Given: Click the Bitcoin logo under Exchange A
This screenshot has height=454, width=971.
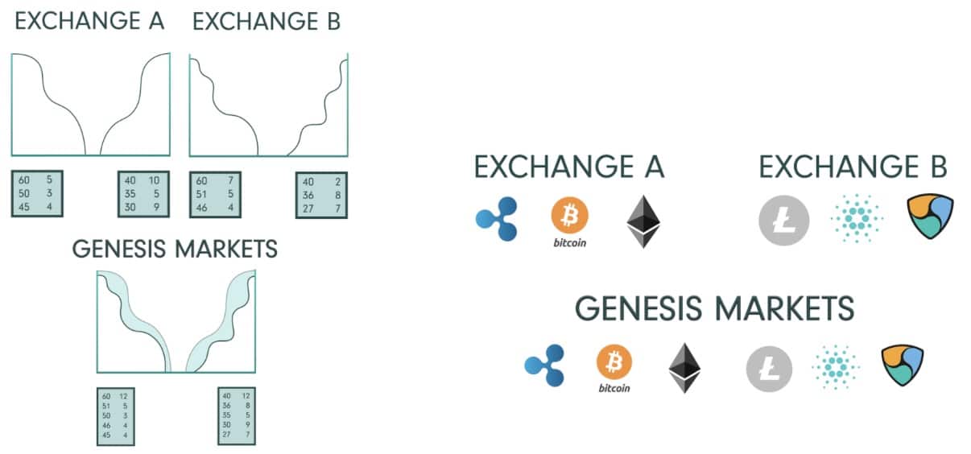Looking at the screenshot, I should pos(570,216).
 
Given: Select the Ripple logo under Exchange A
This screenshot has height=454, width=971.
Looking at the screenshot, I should pos(496,219).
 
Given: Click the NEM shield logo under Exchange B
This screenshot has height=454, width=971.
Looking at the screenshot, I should pos(930,218).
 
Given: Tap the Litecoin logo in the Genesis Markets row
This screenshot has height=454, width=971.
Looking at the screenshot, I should pos(770,369).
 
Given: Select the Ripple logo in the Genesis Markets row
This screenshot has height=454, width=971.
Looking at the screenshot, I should pos(544,367).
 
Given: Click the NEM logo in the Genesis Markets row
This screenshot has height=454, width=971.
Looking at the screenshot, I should pos(903,366).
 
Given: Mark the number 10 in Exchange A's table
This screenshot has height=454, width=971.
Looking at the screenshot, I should pos(153,180).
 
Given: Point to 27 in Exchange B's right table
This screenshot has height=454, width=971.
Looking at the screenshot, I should pos(308,208).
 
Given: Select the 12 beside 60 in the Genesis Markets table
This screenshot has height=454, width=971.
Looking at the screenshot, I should pos(122,396).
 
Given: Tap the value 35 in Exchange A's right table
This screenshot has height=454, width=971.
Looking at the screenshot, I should pos(130,193).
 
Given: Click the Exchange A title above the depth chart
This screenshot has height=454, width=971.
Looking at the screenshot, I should pos(89,22).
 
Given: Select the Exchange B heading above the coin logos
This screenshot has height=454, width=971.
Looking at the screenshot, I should pos(853,167).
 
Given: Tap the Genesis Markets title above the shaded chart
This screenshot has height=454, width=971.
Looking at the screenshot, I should pos(175,248).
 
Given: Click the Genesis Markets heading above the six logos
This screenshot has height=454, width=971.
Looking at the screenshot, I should pos(715,309).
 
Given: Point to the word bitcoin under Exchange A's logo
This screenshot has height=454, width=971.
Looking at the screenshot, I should pos(570,241).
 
